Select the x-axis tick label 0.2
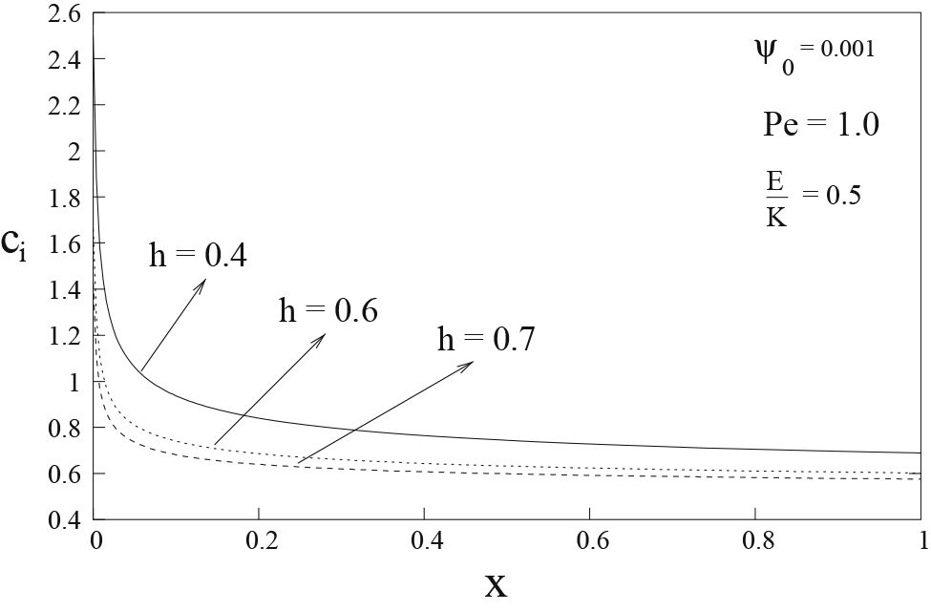coord(258,541)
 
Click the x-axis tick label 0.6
coord(590,541)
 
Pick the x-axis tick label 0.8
coord(755,541)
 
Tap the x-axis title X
coord(497,584)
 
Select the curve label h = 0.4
coord(198,257)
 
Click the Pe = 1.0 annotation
coord(821,125)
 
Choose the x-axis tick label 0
coord(95,541)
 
